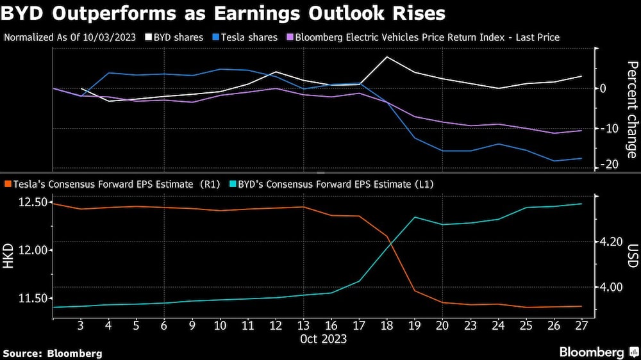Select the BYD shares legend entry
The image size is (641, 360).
169,37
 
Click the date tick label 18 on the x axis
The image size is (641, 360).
387,325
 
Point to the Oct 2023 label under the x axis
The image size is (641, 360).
324,338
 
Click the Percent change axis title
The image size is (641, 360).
631,109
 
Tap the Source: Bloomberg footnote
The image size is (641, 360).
53,353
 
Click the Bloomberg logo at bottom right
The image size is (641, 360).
596,352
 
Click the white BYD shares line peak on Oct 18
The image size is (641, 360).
387,57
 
